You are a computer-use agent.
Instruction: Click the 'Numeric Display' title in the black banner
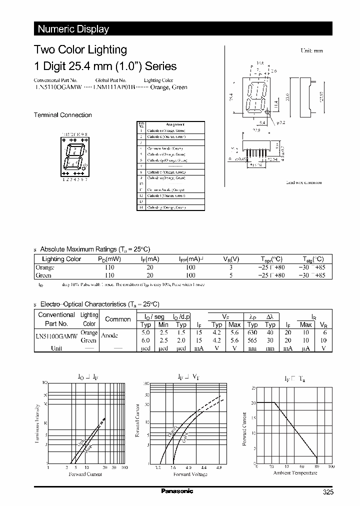click(73, 29)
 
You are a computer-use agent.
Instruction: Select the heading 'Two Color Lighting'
click(80, 49)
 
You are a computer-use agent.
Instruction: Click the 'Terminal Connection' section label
click(62, 115)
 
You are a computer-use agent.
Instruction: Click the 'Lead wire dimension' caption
click(303, 182)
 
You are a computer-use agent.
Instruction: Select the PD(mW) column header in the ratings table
click(109, 259)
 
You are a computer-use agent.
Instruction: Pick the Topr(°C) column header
click(271, 259)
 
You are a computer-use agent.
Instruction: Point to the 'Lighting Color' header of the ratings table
click(61, 259)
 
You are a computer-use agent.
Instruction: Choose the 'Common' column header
click(118, 319)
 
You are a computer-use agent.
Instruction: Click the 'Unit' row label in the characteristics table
click(56, 348)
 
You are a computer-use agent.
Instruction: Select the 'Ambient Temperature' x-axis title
click(292, 472)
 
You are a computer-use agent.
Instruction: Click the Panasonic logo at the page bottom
click(177, 491)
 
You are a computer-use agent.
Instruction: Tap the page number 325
click(327, 493)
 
